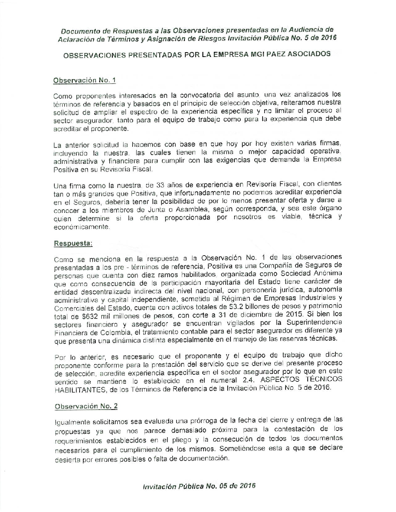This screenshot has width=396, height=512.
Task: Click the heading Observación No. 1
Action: pos(84,80)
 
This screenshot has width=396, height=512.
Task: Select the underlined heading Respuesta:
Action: pos(73,243)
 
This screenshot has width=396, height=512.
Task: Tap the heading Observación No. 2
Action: pos(86,406)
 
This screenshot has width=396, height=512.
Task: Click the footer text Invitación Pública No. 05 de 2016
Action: pos(199,486)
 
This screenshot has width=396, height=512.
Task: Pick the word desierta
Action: pos(67,460)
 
